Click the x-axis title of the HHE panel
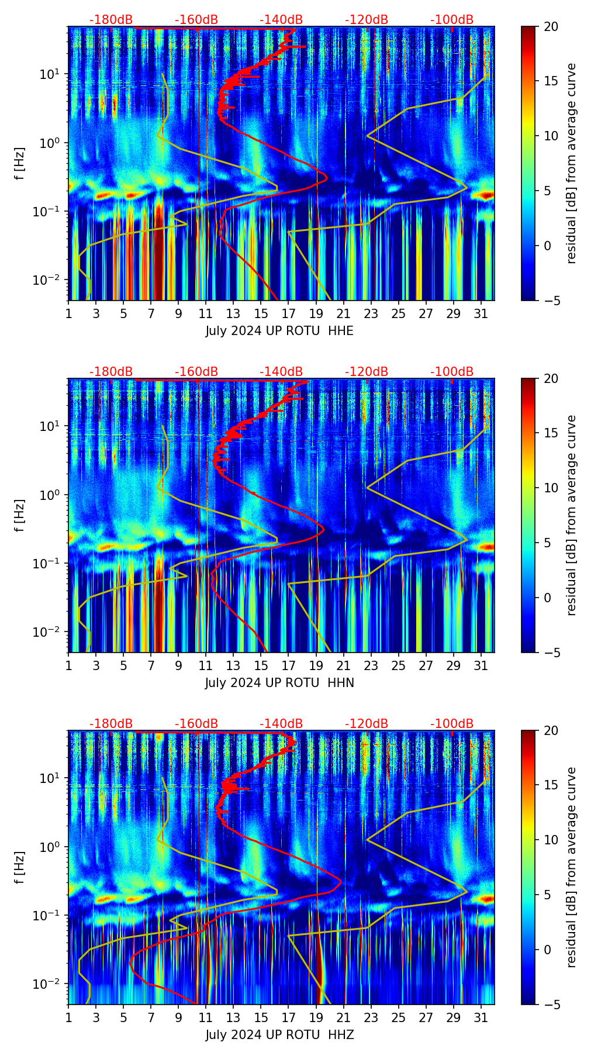[x=279, y=331]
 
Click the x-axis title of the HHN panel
[x=279, y=683]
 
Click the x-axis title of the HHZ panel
[x=279, y=1035]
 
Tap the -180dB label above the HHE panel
[x=111, y=20]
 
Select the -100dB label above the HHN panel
[x=452, y=372]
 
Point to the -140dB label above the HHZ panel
[x=281, y=724]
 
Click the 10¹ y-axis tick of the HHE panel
[x=48, y=74]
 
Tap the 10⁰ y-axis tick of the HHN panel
[x=48, y=495]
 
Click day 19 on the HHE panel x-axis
[x=316, y=313]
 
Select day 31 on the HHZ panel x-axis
[x=481, y=1017]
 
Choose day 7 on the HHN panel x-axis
[x=151, y=665]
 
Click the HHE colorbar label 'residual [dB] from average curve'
[x=571, y=163]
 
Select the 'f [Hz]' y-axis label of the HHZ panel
[x=20, y=867]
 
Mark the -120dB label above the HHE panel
[x=367, y=20]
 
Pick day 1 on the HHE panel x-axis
[x=69, y=313]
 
